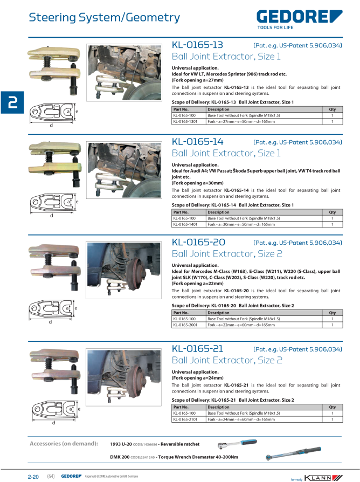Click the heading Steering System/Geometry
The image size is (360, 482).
click(x=104, y=18)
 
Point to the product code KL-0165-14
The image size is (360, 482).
click(x=197, y=142)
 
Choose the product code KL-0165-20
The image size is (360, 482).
click(x=198, y=242)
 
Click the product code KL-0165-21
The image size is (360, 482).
click(x=197, y=348)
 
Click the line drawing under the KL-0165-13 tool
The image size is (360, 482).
click(x=52, y=114)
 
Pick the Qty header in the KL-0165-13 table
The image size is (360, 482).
click(x=332, y=109)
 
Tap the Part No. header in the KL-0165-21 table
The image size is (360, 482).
click(x=181, y=407)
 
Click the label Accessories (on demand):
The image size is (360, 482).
click(x=64, y=444)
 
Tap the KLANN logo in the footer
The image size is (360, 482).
click(x=323, y=477)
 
